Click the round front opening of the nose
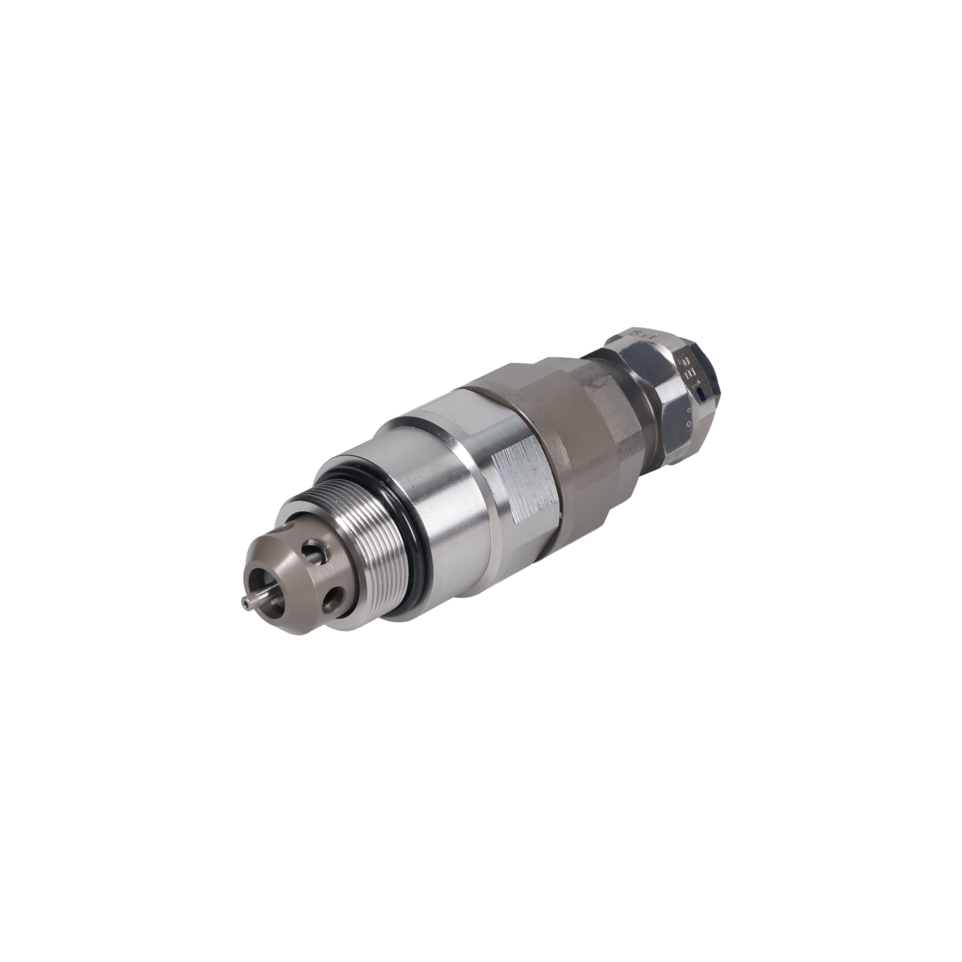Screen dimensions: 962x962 pos(266,588)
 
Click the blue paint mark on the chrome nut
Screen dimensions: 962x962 pos(702,395)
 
